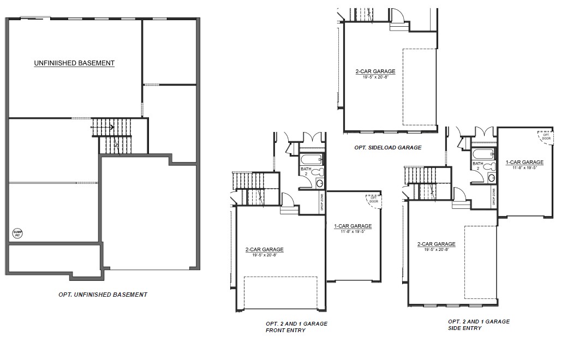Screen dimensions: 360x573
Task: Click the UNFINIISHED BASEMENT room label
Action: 74,63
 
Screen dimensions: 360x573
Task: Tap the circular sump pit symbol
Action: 17,234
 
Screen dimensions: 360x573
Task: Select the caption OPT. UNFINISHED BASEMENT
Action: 103,295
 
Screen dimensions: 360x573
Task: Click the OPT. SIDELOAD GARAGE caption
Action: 387,147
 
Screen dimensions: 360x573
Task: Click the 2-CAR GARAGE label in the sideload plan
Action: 375,71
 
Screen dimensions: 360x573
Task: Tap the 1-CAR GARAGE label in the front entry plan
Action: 353,226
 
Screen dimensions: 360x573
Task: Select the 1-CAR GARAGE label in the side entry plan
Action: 524,162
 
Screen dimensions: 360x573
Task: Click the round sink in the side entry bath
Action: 491,178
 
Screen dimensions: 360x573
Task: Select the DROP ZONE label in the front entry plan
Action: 321,202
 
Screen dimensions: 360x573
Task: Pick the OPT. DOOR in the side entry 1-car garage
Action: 546,136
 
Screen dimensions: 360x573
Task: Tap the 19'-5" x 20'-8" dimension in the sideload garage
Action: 375,77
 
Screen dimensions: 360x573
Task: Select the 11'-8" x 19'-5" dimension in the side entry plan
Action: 524,167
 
